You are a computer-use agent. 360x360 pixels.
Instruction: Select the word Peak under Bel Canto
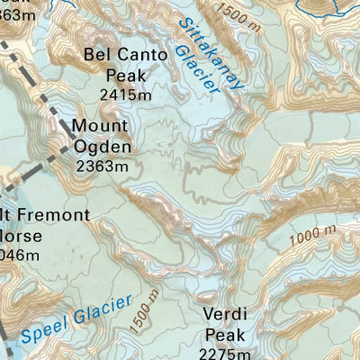125,76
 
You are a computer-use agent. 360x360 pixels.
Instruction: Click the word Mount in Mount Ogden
99,126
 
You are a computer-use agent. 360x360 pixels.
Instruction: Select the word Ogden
103,147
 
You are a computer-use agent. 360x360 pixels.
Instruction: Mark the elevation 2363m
103,166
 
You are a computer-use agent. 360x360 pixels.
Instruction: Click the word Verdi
226,315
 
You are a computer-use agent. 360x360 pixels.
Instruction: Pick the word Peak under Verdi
226,335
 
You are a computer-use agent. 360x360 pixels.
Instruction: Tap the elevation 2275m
226,354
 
